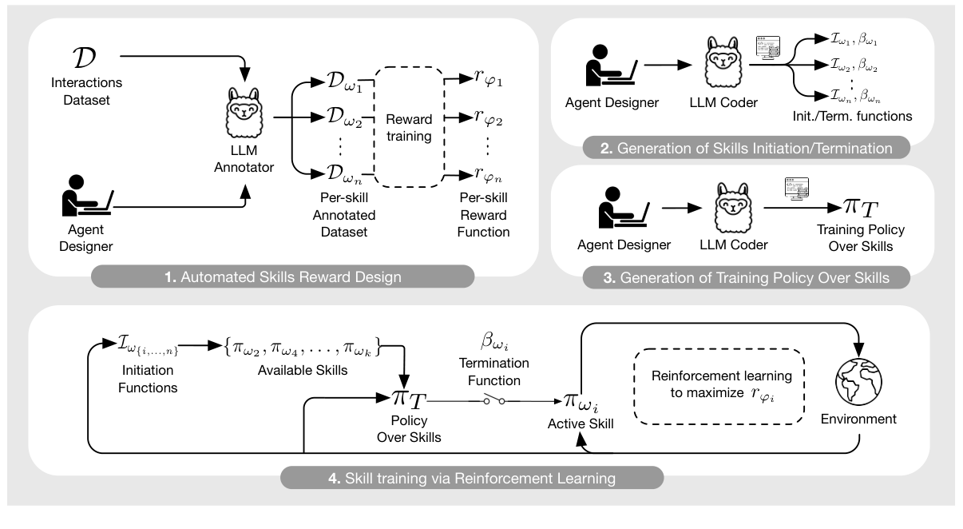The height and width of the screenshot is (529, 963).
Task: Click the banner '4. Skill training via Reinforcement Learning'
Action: point(471,479)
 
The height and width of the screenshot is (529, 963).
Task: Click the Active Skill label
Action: point(581,424)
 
